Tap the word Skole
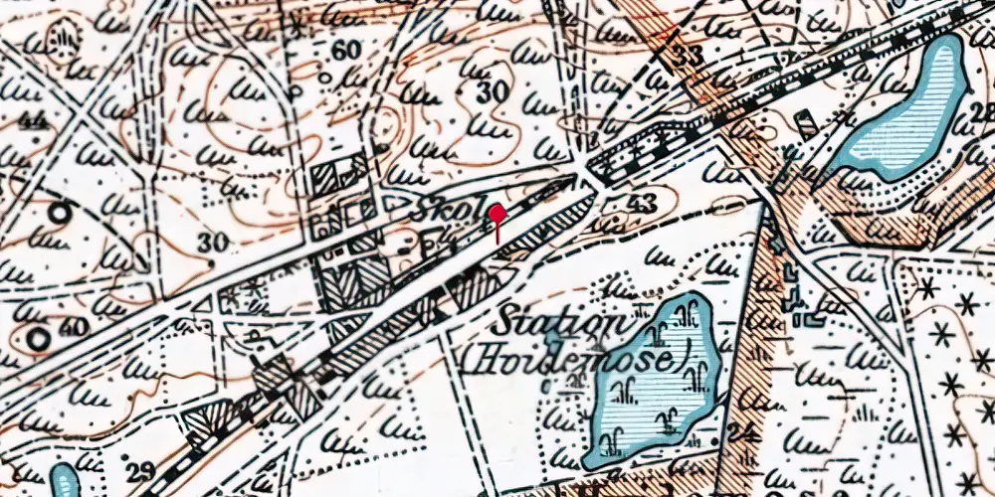click(447, 212)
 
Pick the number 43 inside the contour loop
click(643, 204)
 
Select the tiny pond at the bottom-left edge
click(64, 482)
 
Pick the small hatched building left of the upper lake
click(806, 122)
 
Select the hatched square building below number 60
click(325, 180)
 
